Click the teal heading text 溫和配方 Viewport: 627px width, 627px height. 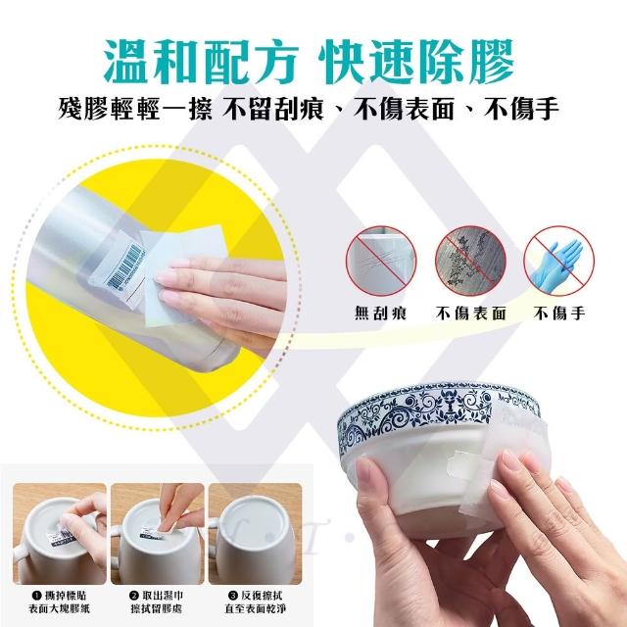tap(202, 62)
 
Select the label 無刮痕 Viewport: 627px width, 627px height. tap(381, 313)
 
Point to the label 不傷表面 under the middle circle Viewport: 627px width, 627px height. tap(471, 313)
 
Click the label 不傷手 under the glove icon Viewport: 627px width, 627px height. tap(559, 313)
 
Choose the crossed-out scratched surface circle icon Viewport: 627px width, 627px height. tap(381, 261)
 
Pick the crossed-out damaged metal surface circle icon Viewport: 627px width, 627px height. tap(470, 261)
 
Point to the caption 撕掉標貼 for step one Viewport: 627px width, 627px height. tap(65, 596)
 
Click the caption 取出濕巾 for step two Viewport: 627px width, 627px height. tap(163, 596)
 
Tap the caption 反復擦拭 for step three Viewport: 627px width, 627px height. tap(261, 596)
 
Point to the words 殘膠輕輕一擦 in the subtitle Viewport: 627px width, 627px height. tap(135, 109)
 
